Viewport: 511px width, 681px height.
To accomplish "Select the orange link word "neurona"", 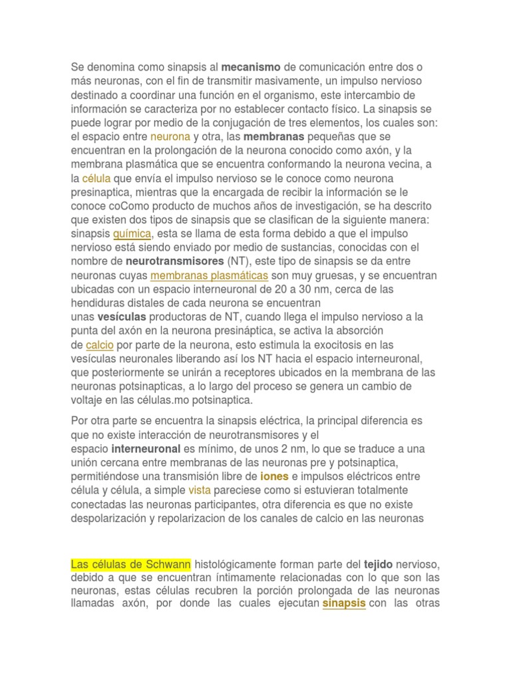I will point(170,136).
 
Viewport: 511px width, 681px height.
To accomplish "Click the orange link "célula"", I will point(96,178).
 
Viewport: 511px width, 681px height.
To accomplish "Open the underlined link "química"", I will point(133,233).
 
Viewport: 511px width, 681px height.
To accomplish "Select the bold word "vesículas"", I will point(122,317).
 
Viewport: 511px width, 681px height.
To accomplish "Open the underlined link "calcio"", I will point(100,344).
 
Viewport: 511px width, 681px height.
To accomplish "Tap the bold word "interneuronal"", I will point(146,449).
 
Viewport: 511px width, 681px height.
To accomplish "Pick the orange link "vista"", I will point(200,490).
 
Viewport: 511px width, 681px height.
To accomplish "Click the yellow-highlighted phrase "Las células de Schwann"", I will point(131,565).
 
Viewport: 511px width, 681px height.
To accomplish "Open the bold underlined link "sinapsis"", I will point(344,604).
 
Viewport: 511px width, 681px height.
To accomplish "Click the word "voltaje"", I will point(88,400).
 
